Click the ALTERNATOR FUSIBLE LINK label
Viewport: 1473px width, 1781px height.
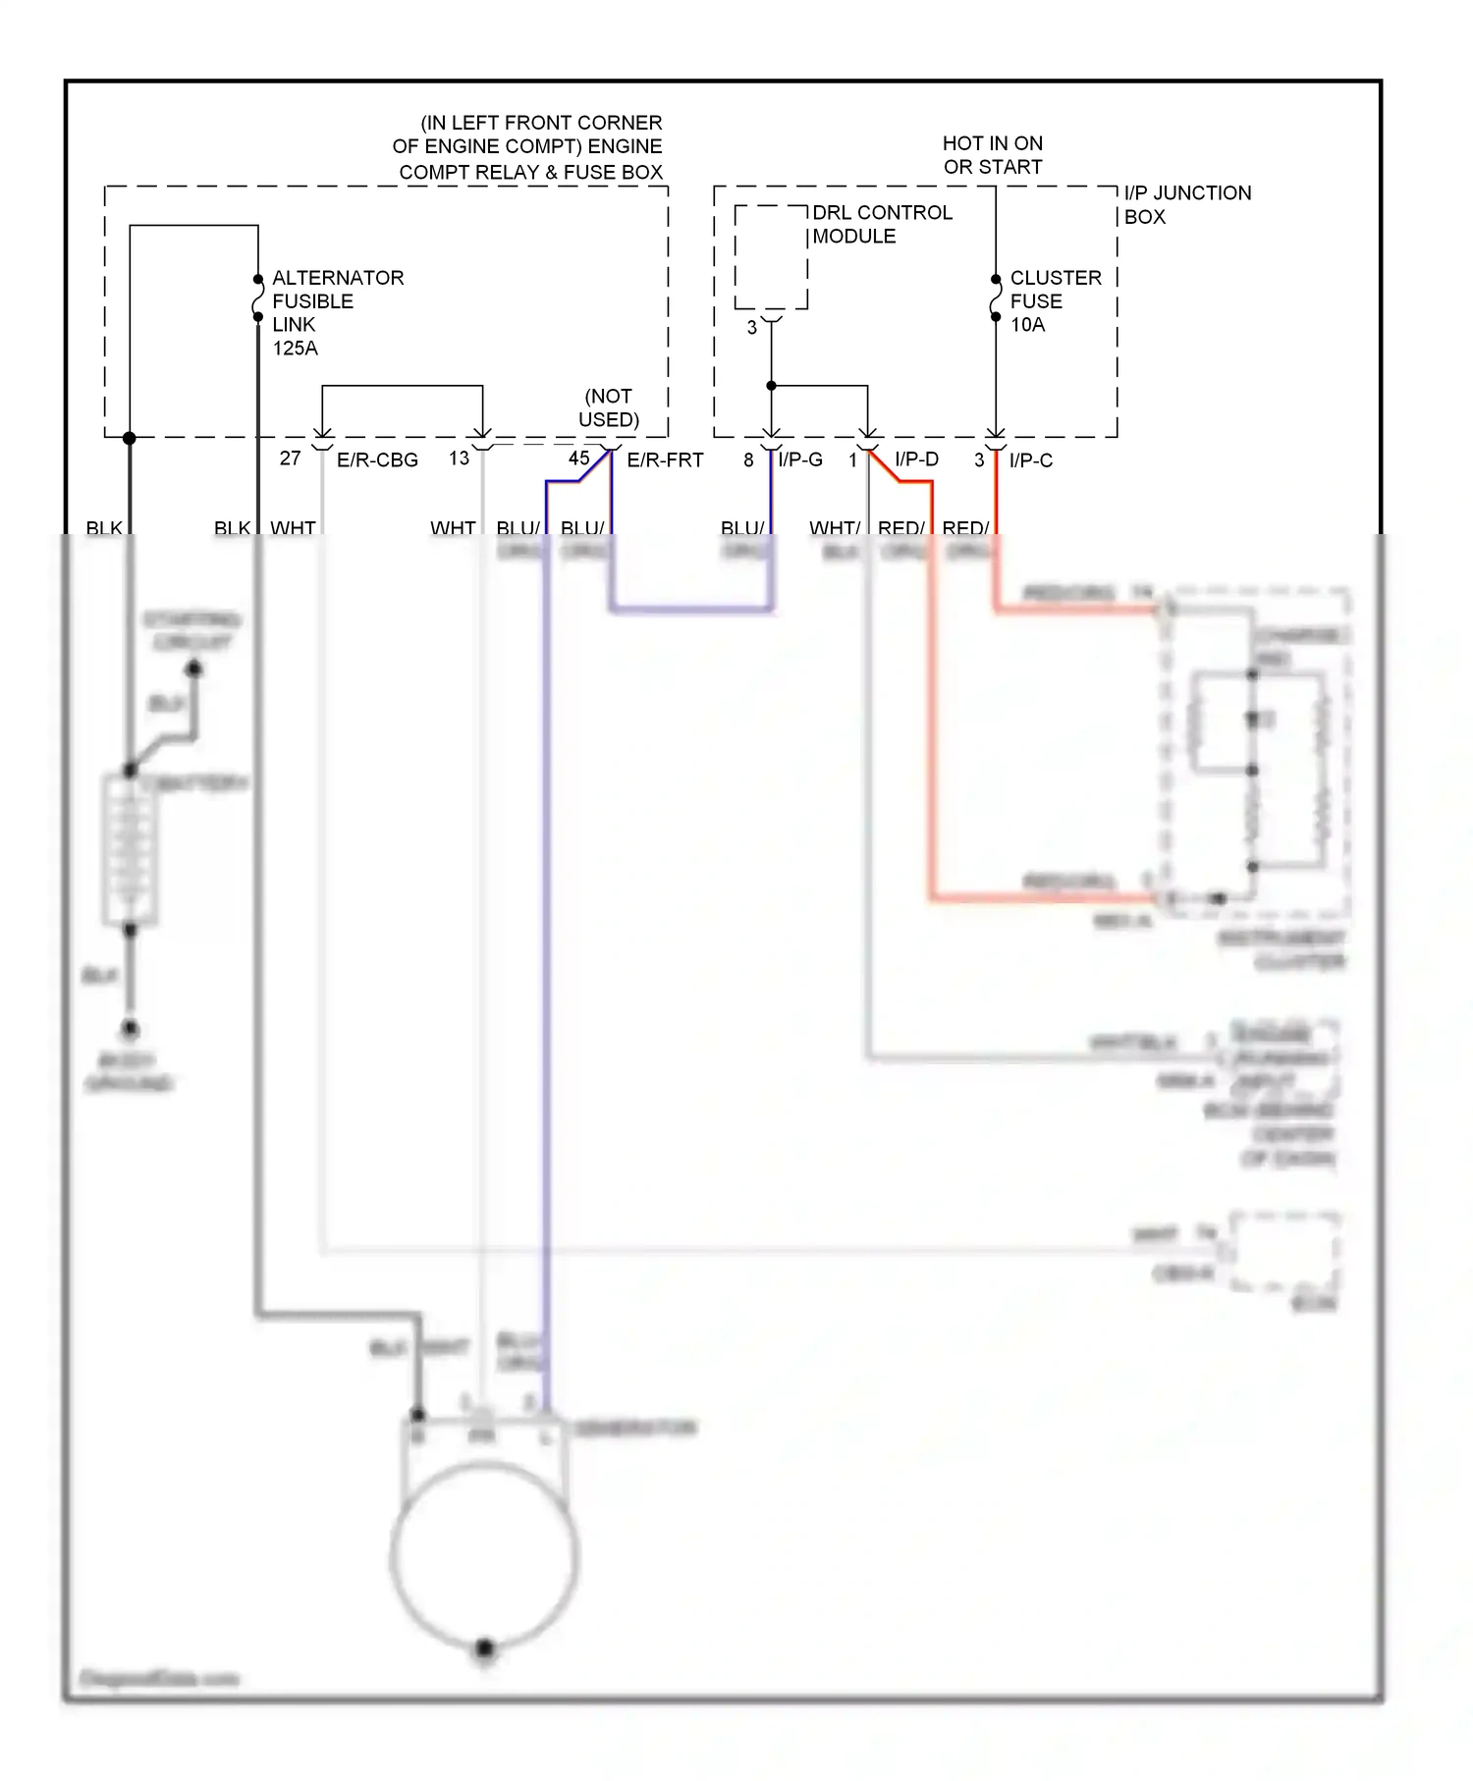point(337,300)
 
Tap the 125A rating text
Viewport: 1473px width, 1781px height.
point(295,349)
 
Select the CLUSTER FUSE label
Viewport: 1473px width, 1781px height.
point(1056,290)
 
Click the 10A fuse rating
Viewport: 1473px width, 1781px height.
point(1027,325)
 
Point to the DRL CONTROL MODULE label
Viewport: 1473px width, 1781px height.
point(881,225)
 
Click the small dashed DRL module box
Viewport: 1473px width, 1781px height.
point(771,257)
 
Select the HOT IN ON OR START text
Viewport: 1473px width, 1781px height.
point(992,155)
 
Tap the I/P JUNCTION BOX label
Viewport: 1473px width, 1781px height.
point(1186,204)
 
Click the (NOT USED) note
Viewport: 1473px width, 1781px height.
point(608,407)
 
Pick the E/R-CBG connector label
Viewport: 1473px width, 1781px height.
point(377,460)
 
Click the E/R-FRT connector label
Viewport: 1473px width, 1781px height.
point(665,460)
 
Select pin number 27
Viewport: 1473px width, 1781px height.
point(290,459)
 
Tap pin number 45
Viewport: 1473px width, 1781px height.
point(578,459)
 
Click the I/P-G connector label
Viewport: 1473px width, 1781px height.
point(800,460)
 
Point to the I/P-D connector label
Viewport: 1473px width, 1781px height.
point(916,459)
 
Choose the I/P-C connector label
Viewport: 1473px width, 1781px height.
point(1030,460)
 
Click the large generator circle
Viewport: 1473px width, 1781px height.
point(484,1556)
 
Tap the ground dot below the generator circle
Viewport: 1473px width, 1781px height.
point(484,1648)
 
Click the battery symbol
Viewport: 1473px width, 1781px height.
point(130,849)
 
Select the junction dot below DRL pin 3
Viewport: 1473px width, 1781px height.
point(772,386)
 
